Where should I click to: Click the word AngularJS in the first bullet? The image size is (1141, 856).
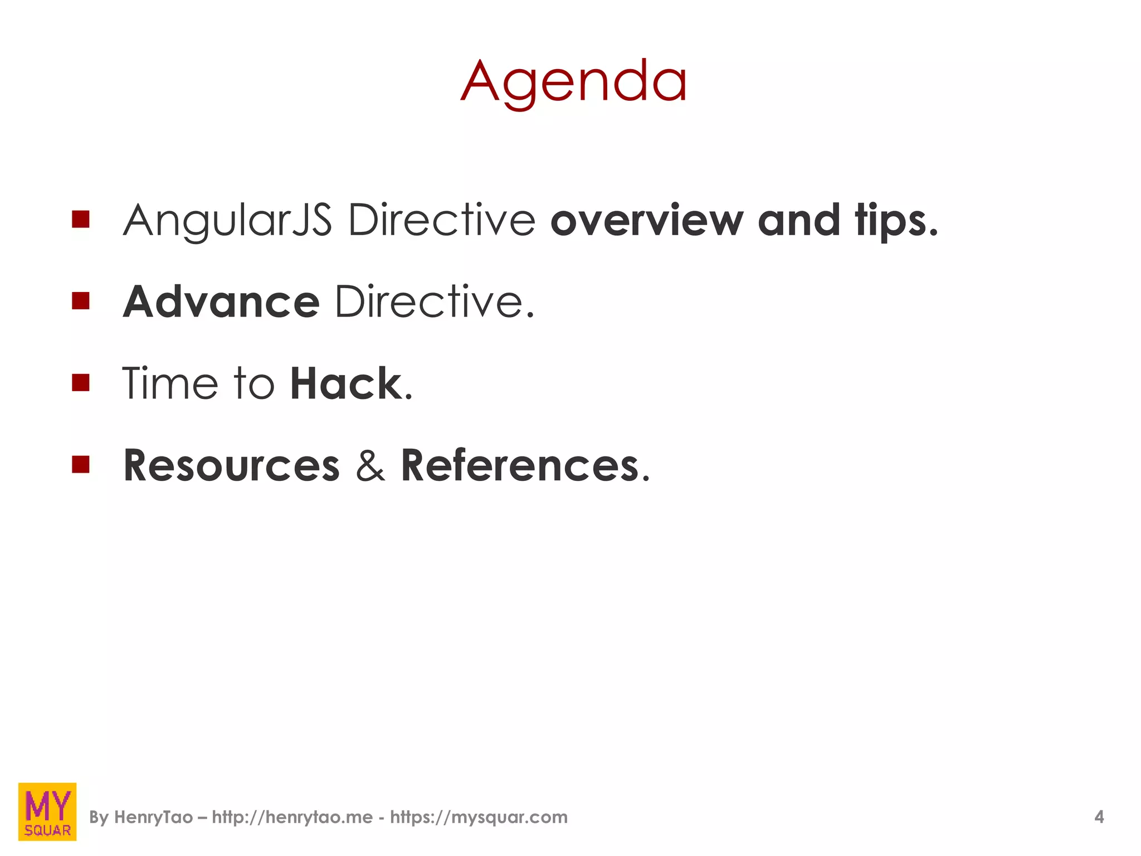pos(227,221)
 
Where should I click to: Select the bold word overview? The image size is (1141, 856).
pos(646,221)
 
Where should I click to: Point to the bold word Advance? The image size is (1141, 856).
pos(221,302)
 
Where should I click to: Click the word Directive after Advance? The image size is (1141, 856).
pos(434,302)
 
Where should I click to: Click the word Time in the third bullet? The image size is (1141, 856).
pos(170,383)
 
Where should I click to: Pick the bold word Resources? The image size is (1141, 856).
pos(231,465)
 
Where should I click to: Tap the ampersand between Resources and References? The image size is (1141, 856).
pos(370,465)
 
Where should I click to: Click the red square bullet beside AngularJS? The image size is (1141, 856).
pos(81,219)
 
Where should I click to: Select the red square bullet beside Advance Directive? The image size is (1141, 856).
pos(81,301)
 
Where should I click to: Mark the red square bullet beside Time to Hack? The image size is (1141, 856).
pos(81,382)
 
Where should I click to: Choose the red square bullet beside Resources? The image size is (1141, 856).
pos(81,464)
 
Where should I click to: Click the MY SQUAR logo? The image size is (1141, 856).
pos(47,811)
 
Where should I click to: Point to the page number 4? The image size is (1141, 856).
pos(1099,817)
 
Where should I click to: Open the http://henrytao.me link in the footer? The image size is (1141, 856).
pos(292,817)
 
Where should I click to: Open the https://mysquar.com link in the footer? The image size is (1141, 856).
pos(479,817)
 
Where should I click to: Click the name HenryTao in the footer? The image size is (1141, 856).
pos(153,817)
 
